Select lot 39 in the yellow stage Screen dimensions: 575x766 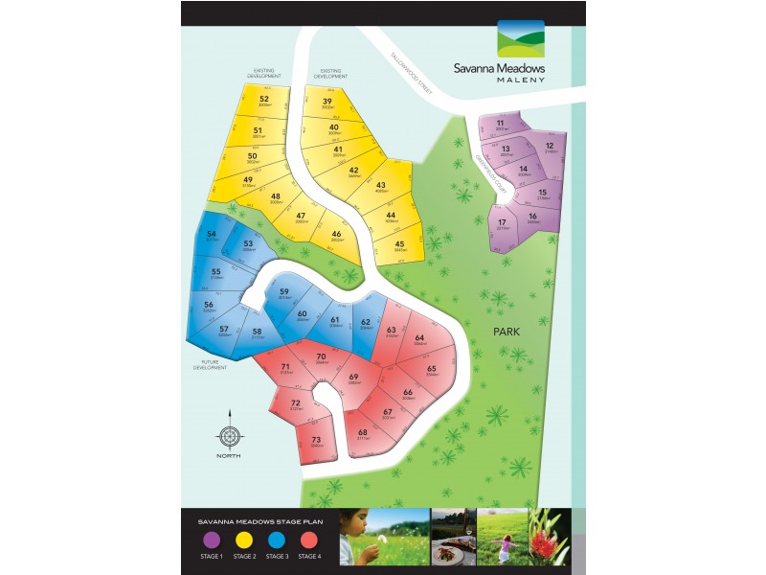[x=327, y=103]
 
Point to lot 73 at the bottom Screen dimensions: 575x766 [x=316, y=441]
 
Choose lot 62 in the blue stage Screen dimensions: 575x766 [x=366, y=324]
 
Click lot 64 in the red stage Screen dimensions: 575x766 [x=419, y=339]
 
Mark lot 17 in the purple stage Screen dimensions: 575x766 [x=503, y=224]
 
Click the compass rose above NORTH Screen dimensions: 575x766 [x=229, y=437]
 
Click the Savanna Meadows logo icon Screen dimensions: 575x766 [x=520, y=40]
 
